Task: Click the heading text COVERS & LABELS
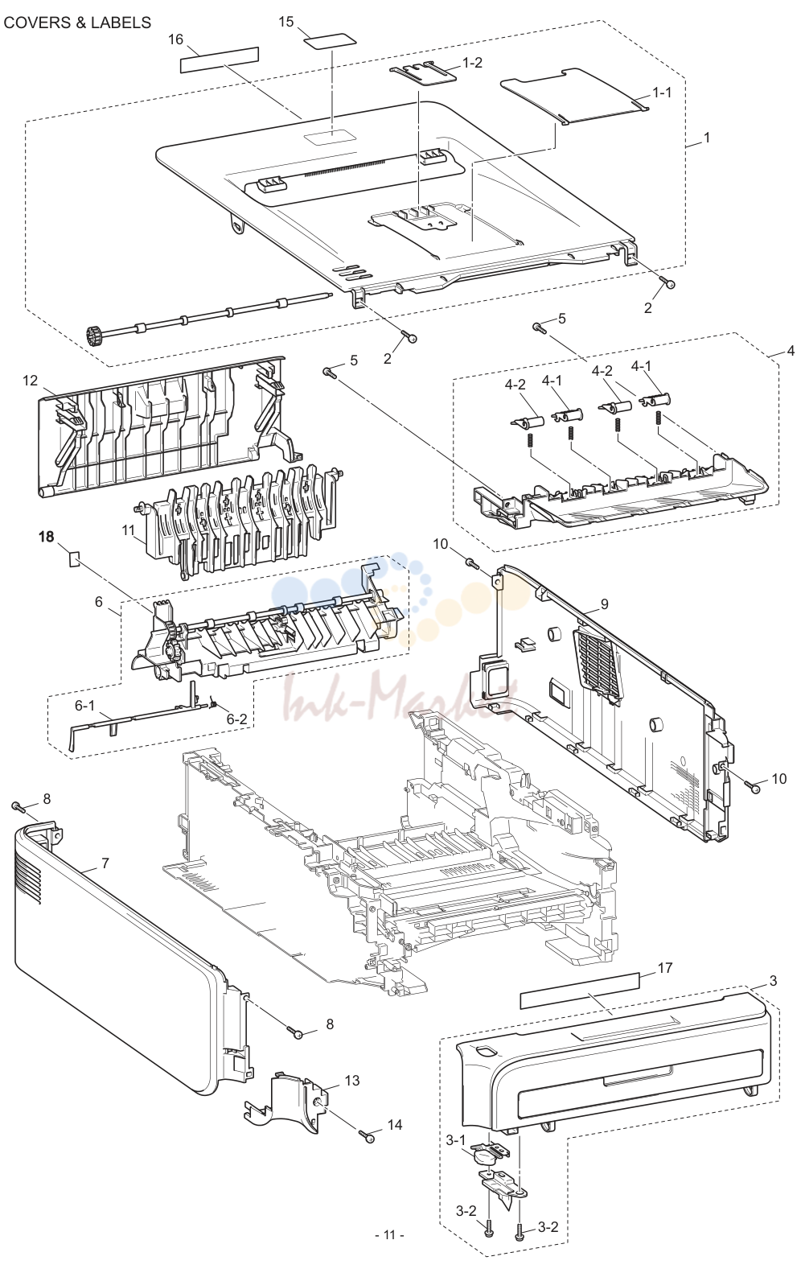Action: click(77, 23)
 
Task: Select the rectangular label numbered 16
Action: click(220, 60)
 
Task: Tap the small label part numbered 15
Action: click(330, 42)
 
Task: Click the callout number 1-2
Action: click(472, 63)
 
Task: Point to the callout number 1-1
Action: click(661, 92)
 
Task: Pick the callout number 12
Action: click(31, 380)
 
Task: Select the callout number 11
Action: click(129, 529)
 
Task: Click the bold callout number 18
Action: click(47, 536)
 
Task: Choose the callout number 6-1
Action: click(84, 705)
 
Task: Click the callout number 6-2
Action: click(237, 719)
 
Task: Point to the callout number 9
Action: click(604, 604)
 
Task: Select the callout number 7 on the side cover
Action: click(105, 863)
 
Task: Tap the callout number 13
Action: click(352, 1080)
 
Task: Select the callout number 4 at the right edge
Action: click(791, 351)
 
